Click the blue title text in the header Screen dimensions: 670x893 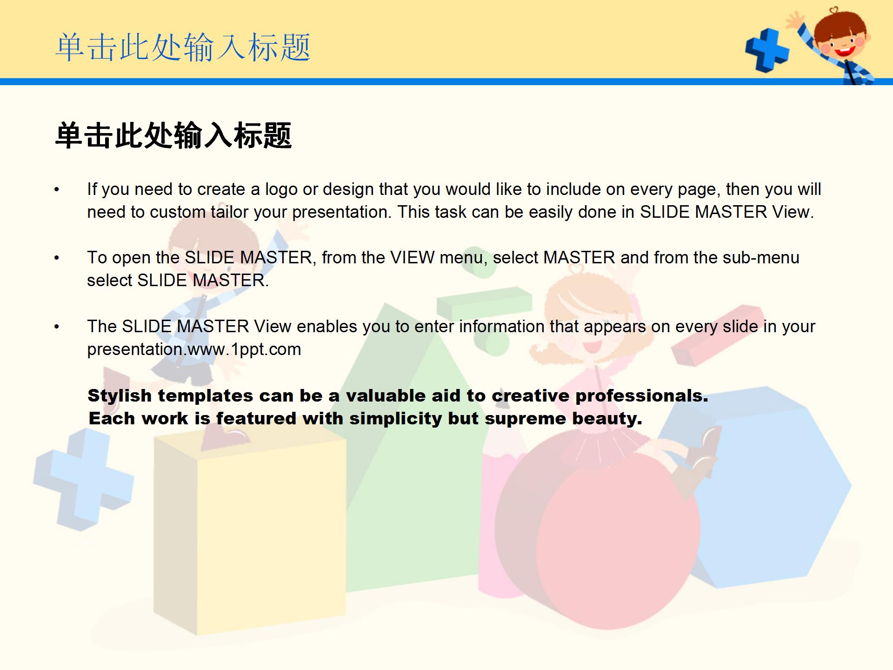pos(183,47)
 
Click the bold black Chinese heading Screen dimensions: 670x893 pos(173,135)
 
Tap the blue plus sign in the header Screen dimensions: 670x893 pos(766,50)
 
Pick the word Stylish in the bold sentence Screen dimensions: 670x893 pos(120,396)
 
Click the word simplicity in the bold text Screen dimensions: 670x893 pos(395,419)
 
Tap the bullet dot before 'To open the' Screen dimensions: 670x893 pos(57,258)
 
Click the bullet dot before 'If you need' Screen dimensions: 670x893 pos(57,190)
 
